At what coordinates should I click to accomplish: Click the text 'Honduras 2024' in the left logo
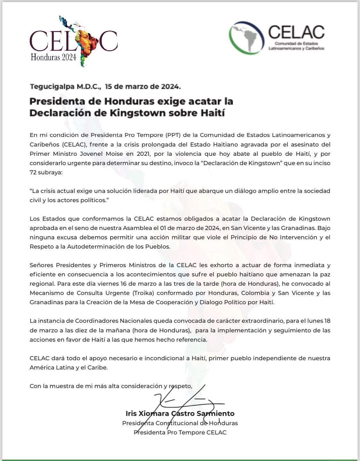tap(53, 57)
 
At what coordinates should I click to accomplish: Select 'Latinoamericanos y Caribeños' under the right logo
tap(296, 48)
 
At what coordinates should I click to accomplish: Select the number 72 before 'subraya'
tap(33, 172)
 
